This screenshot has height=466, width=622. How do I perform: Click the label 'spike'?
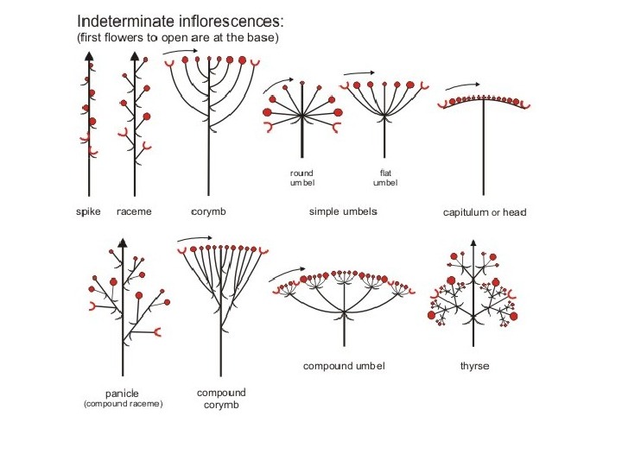89,211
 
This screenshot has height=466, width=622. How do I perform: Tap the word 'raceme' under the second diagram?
134,211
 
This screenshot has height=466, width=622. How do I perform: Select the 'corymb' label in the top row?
207,211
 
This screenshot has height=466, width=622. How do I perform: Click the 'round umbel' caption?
301,178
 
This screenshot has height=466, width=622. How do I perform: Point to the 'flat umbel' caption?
385,178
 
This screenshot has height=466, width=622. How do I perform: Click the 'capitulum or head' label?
484,212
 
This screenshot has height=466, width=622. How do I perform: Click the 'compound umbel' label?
344,366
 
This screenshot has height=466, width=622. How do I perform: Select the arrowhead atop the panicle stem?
123,242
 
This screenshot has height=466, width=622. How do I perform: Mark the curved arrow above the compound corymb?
195,237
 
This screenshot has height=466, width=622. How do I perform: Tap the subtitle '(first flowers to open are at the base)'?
178,38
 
